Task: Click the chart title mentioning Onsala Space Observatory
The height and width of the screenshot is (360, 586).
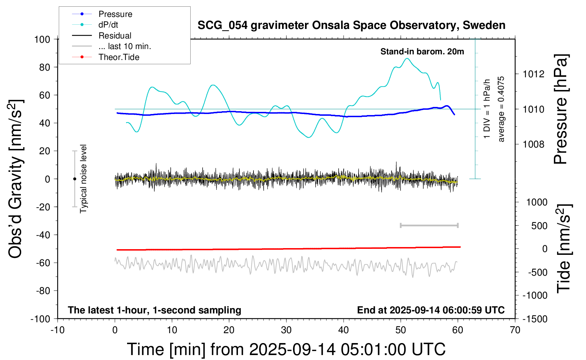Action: tap(351, 25)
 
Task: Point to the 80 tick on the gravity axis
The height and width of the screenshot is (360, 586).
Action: tap(44, 67)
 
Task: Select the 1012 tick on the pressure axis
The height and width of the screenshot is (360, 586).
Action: tap(533, 74)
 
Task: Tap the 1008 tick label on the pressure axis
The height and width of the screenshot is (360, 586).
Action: tap(533, 144)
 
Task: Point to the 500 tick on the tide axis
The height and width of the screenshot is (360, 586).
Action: tap(539, 226)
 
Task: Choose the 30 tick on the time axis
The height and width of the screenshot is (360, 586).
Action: tap(286, 330)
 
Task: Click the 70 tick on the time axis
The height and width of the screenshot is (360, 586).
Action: tap(515, 330)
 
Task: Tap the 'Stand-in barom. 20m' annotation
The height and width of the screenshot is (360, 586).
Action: tap(422, 52)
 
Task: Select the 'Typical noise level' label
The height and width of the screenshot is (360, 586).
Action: tap(83, 179)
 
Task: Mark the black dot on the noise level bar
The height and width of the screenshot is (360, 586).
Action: tap(74, 179)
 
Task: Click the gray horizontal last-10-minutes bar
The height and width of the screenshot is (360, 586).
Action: tap(429, 225)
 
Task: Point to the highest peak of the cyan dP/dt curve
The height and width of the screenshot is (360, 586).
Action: tap(407, 59)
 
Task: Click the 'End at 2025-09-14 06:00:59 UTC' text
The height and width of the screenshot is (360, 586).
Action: tap(431, 310)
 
